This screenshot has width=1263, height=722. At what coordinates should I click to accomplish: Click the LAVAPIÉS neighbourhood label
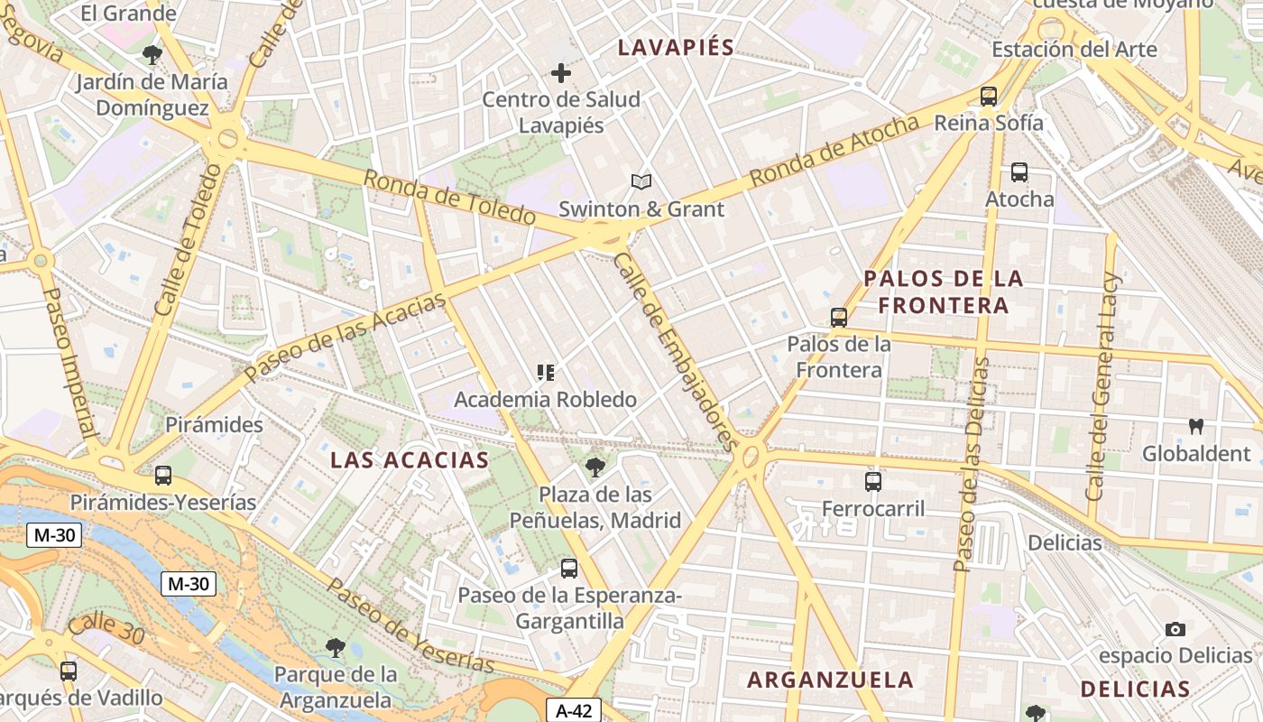coord(676,48)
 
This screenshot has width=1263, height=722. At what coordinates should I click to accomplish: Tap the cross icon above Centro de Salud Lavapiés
coord(561,73)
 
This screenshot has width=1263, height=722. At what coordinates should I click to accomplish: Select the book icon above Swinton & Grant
coord(641,182)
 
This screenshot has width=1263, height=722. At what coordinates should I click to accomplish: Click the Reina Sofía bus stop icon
coord(989,96)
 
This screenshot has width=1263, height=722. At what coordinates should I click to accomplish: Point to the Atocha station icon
coord(1019,171)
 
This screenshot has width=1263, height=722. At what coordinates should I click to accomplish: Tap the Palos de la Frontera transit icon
coord(839,317)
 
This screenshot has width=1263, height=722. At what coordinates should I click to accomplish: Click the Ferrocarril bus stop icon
coord(872,481)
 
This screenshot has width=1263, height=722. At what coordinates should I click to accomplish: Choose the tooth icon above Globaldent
coord(1196,426)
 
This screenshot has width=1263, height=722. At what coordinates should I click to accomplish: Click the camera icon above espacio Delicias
coord(1175,629)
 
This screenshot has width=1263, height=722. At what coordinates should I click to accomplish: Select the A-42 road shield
coord(573,710)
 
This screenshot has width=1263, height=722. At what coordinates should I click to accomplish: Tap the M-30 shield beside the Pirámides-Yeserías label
coord(55,535)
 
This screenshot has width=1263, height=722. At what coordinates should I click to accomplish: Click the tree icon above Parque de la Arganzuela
coord(336,647)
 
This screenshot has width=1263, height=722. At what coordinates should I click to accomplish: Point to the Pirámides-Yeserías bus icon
coord(163,475)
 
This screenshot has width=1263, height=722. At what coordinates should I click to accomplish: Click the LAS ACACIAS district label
coord(410,460)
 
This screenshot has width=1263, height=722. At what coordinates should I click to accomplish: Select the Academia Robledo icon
coord(545,372)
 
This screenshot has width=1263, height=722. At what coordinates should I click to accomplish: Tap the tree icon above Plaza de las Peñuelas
coord(595,467)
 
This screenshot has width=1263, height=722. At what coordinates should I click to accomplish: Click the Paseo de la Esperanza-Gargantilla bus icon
coord(568,568)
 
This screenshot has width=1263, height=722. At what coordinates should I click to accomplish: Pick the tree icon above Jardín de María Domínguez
coord(152,55)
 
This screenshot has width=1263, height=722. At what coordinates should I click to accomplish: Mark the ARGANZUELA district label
coord(830,680)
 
